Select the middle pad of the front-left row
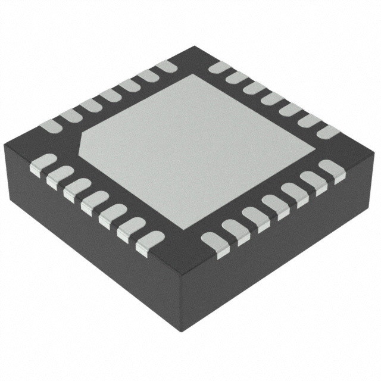[x=95, y=201]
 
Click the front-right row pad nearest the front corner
[x=213, y=240]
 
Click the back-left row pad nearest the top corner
[x=164, y=67]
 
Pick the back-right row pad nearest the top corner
[x=218, y=67]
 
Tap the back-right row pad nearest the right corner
[x=327, y=131]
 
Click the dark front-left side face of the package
[x=89, y=250]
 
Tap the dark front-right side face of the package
[x=280, y=256]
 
